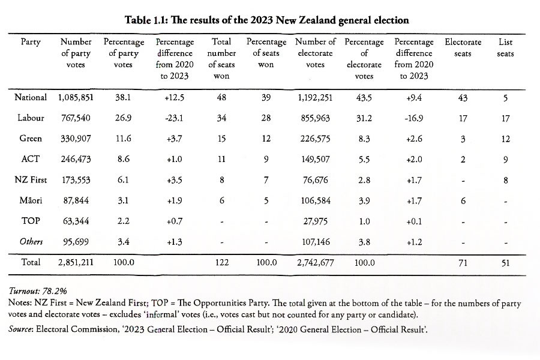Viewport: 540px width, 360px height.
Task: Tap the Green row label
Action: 31,139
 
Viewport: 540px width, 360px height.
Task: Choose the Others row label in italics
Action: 31,241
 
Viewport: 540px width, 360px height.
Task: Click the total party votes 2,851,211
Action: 75,262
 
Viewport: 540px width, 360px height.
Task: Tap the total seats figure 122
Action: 221,262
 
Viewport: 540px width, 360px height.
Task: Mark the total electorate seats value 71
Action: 463,262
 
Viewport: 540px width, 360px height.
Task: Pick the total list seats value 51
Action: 505,262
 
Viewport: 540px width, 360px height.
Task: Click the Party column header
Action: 31,43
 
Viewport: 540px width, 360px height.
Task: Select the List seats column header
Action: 505,48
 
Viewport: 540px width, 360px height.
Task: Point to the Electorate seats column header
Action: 463,48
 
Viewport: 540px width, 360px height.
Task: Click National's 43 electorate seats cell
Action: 463,98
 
